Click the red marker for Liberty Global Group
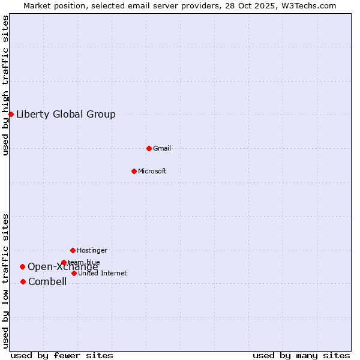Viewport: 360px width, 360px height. coord(11,114)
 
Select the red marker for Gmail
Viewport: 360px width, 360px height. coord(149,148)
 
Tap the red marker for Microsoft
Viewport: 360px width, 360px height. coord(134,171)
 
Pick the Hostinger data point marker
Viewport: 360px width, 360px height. coord(73,250)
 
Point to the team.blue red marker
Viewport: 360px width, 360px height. coord(64,262)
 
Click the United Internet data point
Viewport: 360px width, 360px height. coord(74,273)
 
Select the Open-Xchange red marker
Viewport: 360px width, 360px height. coord(22,266)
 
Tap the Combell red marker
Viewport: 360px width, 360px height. coord(23,281)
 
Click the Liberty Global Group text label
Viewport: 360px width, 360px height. coord(66,115)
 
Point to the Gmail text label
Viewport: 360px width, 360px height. coord(162,148)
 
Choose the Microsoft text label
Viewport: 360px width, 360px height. coord(152,171)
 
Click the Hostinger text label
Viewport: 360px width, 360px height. coord(92,250)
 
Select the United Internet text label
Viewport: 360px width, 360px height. coord(103,273)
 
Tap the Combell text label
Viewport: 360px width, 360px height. coord(47,282)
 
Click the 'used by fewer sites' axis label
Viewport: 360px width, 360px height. coord(62,355)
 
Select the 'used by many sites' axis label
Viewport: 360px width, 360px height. coord(301,355)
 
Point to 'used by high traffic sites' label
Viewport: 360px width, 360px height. coord(5,85)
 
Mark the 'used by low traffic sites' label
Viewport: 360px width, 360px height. coord(5,281)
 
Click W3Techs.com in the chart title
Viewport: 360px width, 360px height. coord(309,5)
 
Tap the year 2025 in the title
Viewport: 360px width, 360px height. coord(264,5)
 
